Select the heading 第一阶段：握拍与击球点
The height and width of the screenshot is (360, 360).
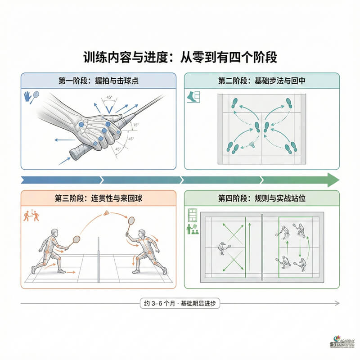[x=98, y=81]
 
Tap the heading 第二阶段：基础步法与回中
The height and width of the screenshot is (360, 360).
[x=262, y=81]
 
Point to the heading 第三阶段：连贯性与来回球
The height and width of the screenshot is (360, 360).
[x=98, y=198]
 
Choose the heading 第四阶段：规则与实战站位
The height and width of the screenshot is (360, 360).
[x=262, y=198]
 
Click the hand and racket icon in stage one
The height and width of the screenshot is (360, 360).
[x=31, y=97]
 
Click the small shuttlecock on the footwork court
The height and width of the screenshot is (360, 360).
[x=253, y=145]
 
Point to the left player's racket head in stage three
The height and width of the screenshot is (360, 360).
[x=76, y=239]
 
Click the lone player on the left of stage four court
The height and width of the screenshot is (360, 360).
[x=222, y=247]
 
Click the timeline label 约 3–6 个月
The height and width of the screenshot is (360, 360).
[x=180, y=304]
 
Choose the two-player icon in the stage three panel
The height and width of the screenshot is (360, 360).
[x=29, y=216]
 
